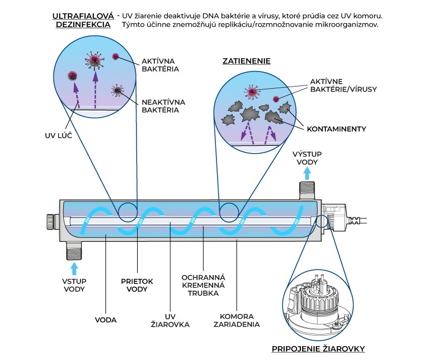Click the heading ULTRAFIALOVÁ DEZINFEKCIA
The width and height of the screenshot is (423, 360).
[x=83, y=21]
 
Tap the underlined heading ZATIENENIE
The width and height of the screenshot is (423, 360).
[x=247, y=61]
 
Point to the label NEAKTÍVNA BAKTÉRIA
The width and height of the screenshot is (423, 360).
[x=163, y=106]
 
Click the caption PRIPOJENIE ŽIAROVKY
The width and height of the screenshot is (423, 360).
[x=318, y=349]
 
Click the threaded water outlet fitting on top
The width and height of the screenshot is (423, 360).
[x=306, y=190]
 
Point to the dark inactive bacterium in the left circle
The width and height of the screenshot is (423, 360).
[x=118, y=90]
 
